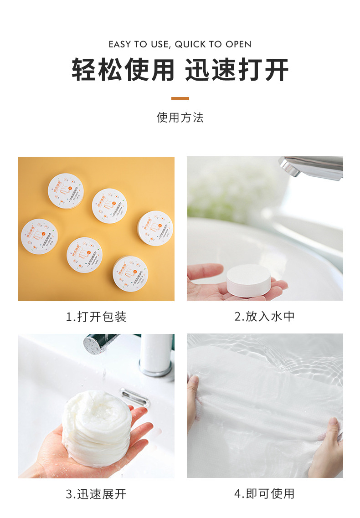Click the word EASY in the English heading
click(120, 44)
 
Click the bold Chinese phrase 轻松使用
click(123, 70)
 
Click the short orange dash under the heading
click(180, 98)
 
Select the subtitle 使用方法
click(180, 118)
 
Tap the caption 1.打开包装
click(96, 317)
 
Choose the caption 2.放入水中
click(264, 317)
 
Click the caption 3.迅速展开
click(96, 494)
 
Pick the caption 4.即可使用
click(264, 494)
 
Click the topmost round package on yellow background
click(66, 190)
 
